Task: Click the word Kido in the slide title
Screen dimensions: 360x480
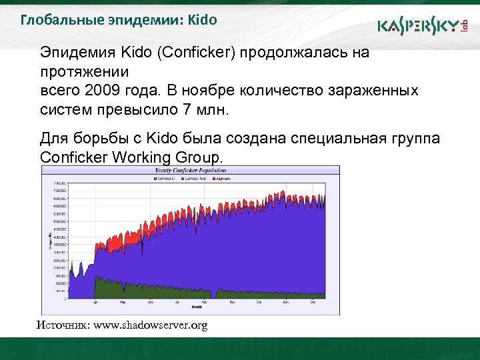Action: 203,19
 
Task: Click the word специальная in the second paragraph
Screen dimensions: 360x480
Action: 339,138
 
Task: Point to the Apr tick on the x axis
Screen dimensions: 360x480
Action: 96,302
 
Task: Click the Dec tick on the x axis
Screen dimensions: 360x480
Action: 313,302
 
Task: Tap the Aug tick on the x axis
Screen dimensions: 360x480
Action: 205,302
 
